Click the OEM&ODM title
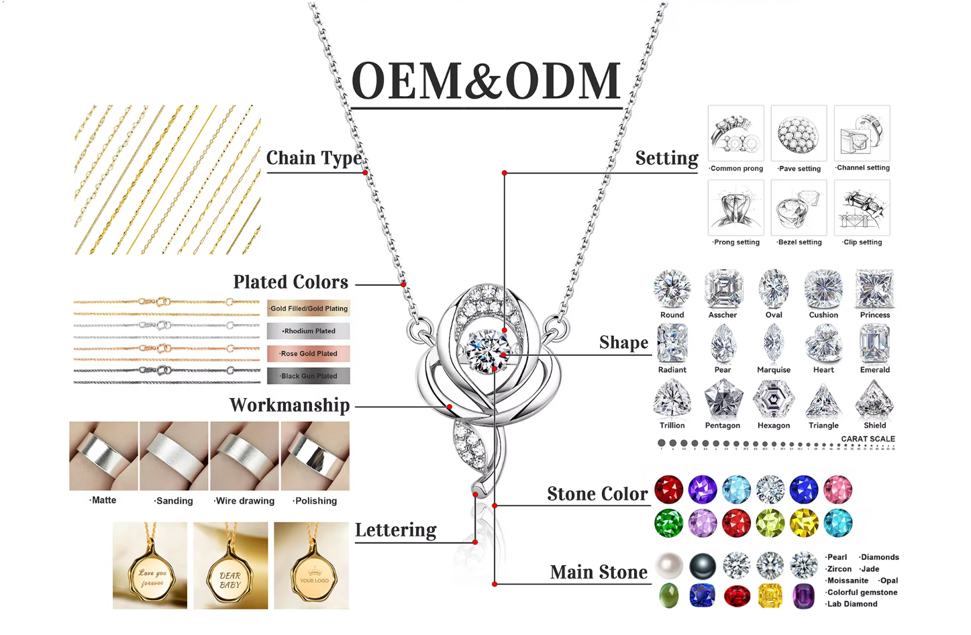(486, 81)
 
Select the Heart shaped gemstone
(823, 344)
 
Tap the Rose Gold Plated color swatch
(309, 354)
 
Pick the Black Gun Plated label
(309, 376)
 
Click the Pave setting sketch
(799, 134)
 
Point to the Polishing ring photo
(315, 456)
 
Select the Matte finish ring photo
(103, 456)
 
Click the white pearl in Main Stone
(669, 566)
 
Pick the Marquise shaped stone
(773, 344)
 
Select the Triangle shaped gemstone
(823, 400)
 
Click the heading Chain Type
(314, 158)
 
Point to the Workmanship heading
(289, 405)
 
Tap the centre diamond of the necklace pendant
(488, 350)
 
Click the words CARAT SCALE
(868, 439)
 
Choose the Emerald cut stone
(874, 344)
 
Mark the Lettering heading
(395, 530)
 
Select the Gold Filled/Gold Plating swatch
(309, 309)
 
